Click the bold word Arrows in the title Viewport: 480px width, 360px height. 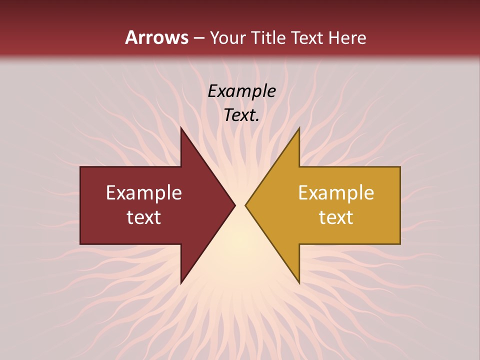[x=156, y=37]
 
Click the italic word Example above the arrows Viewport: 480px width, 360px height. [x=241, y=91]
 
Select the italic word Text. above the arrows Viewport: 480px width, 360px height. [x=241, y=115]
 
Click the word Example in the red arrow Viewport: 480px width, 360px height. [x=144, y=193]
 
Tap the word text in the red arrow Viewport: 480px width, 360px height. [x=144, y=217]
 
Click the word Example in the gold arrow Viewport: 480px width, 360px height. [x=336, y=193]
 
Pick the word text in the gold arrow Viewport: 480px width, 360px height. [x=336, y=217]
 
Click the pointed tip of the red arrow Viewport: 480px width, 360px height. [x=235, y=205]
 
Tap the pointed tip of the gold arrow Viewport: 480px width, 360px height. [x=245, y=205]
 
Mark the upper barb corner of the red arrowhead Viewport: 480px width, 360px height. [x=181, y=127]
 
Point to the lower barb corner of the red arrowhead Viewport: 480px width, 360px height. [x=181, y=283]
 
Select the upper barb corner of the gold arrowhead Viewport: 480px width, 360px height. [x=299, y=127]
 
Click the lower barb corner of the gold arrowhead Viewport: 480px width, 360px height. [x=299, y=283]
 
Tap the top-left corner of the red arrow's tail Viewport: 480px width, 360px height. [x=80, y=167]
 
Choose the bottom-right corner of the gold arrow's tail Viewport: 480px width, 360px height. [x=400, y=244]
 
